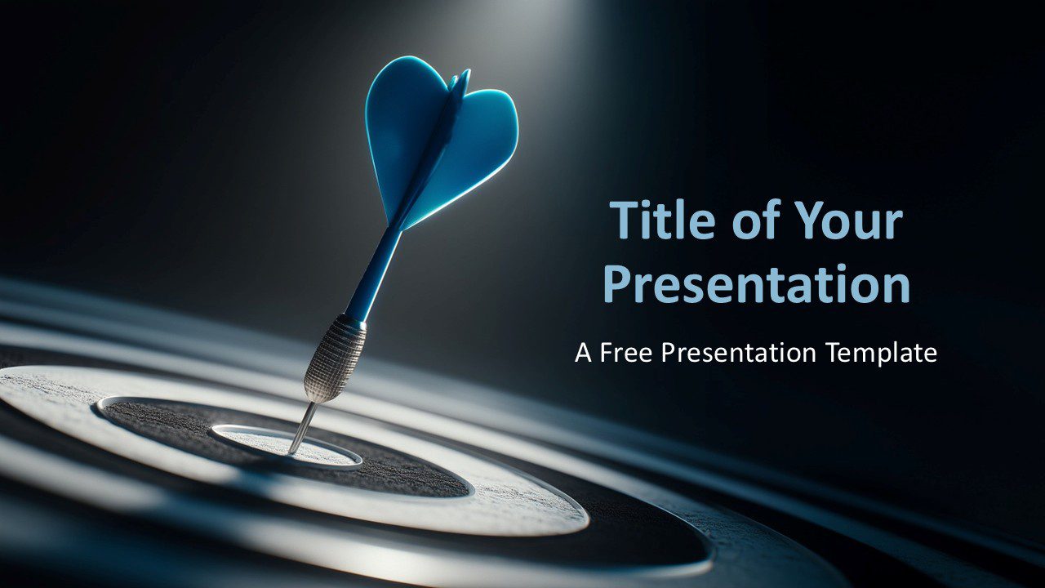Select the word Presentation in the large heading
[x=756, y=284]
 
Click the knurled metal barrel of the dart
[x=334, y=359]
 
